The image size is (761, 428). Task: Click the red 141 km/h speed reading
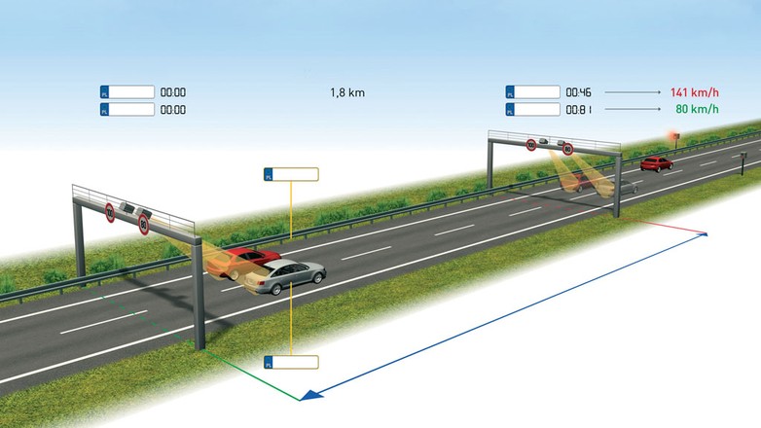(693, 92)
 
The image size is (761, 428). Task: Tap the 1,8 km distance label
(348, 92)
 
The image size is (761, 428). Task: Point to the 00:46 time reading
(578, 92)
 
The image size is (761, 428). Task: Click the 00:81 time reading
(578, 108)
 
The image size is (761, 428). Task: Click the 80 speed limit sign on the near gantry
(144, 227)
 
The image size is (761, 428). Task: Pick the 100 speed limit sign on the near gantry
(111, 211)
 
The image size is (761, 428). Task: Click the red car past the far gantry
(657, 163)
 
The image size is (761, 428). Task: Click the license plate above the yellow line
(291, 174)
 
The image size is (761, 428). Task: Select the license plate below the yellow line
(291, 362)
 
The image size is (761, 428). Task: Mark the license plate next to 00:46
(533, 92)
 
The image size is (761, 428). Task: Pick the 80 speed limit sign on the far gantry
(567, 150)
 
